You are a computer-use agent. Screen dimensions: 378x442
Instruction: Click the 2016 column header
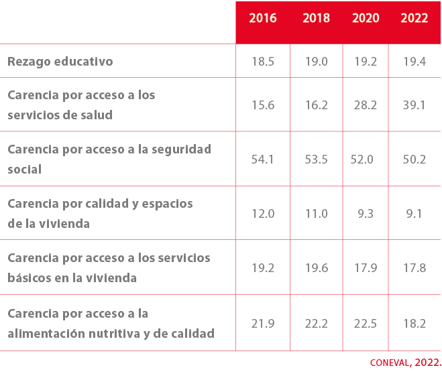(263, 19)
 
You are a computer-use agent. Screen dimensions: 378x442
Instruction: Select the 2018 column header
(316, 19)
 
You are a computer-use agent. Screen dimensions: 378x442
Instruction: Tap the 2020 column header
(366, 19)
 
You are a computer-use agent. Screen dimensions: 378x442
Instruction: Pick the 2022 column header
(415, 19)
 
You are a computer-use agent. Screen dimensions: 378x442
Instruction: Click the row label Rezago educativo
(60, 62)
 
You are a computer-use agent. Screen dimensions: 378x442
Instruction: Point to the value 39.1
(414, 105)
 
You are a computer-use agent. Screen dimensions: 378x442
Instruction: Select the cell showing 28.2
(366, 105)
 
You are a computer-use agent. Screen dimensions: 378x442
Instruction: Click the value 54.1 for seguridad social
(263, 160)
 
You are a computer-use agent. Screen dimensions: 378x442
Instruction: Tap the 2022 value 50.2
(414, 160)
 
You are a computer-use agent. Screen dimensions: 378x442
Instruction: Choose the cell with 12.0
(263, 214)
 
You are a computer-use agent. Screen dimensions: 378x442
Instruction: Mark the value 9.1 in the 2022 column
(414, 214)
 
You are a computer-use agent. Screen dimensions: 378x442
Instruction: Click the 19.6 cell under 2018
(316, 268)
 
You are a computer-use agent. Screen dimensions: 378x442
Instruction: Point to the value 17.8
(414, 268)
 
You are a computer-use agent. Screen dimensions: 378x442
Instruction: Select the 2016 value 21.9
(263, 324)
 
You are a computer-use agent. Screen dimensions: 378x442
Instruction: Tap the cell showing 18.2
(414, 324)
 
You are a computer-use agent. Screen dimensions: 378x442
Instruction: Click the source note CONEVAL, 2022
(405, 363)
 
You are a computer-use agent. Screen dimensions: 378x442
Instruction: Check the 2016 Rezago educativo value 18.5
(263, 62)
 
